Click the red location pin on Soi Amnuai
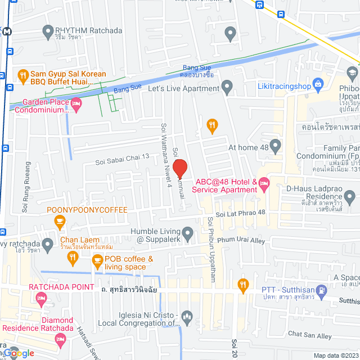click(179, 168)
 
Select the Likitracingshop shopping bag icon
click(318, 85)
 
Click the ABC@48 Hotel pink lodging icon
click(264, 183)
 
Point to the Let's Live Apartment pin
click(227, 88)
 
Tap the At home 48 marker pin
click(275, 147)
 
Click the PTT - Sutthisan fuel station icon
click(321, 291)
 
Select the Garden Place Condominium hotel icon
click(76, 103)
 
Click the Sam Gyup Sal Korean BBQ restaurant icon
click(22, 74)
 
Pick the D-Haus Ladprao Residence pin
click(350, 197)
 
